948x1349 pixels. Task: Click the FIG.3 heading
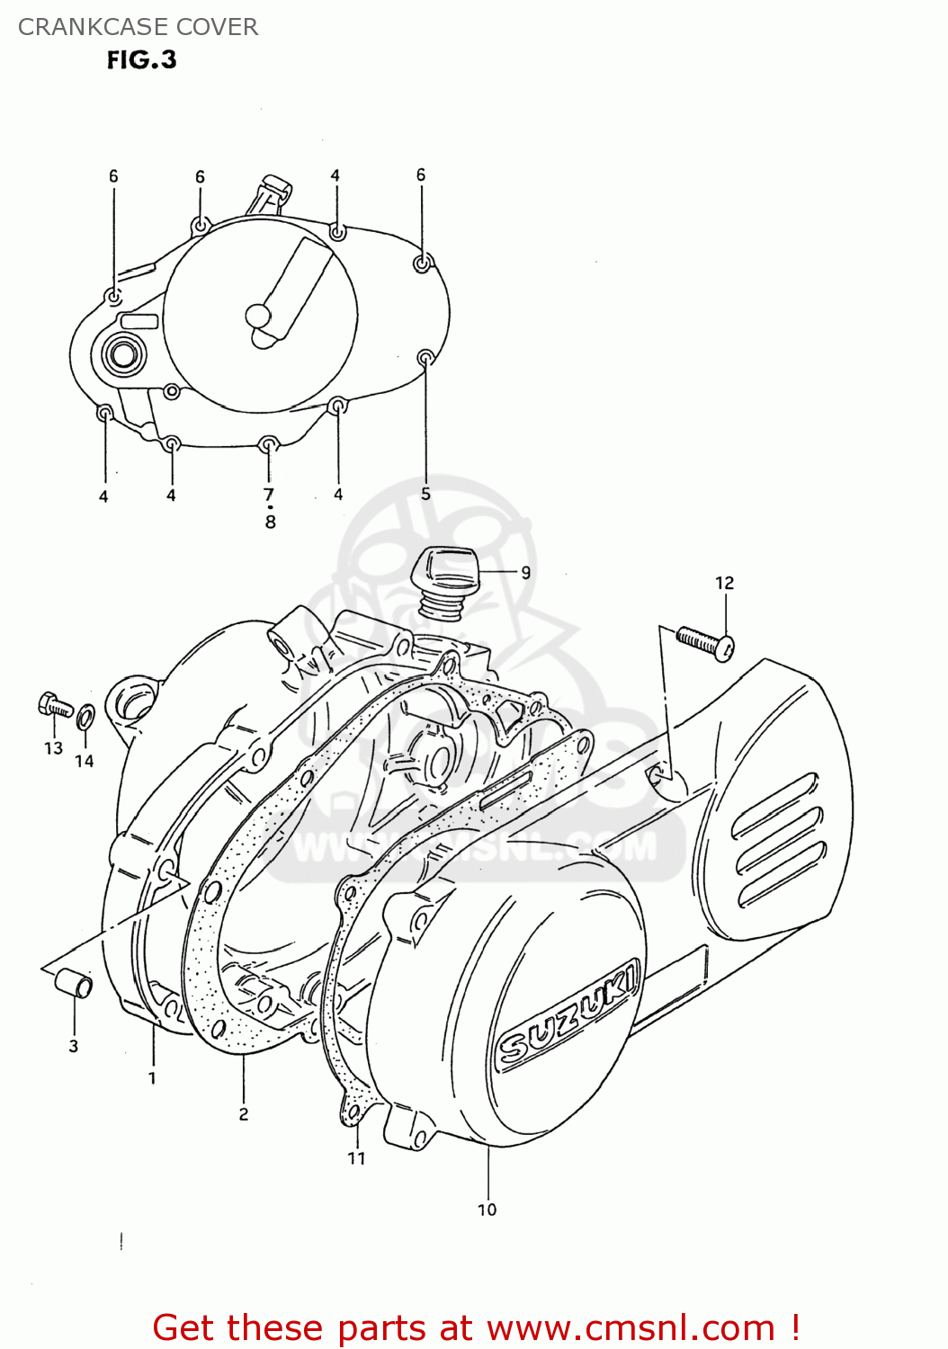[x=141, y=59]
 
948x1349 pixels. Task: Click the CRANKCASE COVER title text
[x=138, y=27]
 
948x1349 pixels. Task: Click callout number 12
[x=724, y=584]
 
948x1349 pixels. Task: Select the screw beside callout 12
[x=704, y=642]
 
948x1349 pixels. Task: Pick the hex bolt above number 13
[x=54, y=706]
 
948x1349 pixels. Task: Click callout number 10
[x=487, y=1210]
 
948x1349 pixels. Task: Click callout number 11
[x=356, y=1158]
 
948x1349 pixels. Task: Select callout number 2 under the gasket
[x=244, y=1113]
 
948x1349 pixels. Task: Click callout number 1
[x=152, y=1077]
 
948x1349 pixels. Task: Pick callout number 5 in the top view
[x=425, y=494]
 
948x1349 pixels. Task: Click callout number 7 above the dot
[x=268, y=494]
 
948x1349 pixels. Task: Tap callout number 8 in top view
[x=270, y=522]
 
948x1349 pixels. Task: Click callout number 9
[x=525, y=572]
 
